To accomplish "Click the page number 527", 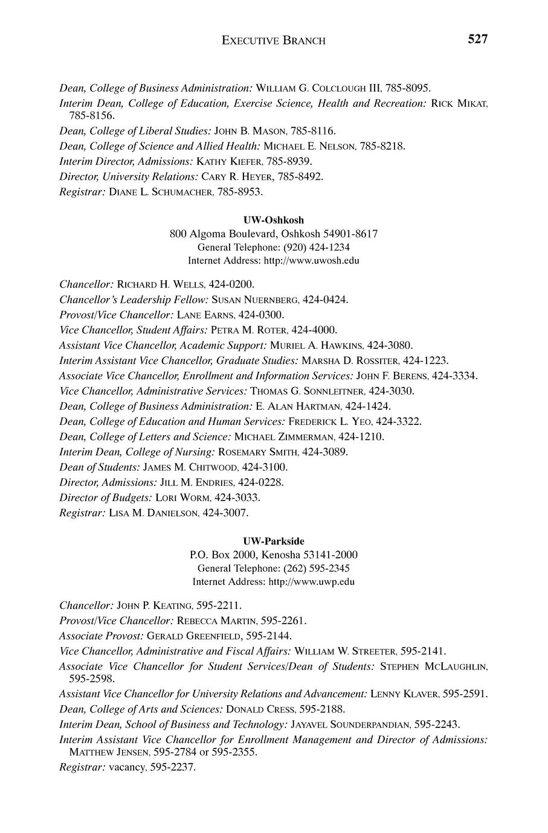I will tap(477, 40).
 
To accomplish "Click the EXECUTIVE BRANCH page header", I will tap(274, 41).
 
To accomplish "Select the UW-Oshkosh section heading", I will tap(274, 220).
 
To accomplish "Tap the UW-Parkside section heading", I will tap(274, 541).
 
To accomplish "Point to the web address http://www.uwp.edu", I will tap(310, 582).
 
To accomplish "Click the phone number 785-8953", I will tap(244, 192).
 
